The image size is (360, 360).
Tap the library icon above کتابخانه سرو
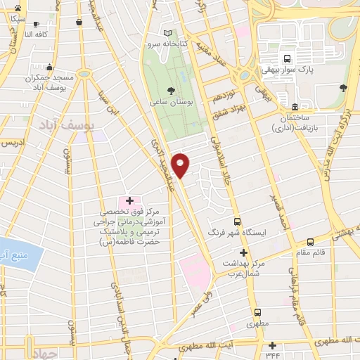(x=167, y=33)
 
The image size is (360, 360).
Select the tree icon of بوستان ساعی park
(x=172, y=90)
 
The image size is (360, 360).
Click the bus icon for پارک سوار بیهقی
(x=286, y=58)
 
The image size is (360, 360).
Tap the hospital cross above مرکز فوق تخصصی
(x=129, y=200)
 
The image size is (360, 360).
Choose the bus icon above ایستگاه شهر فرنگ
(x=236, y=221)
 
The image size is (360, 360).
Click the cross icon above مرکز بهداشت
(x=244, y=252)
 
